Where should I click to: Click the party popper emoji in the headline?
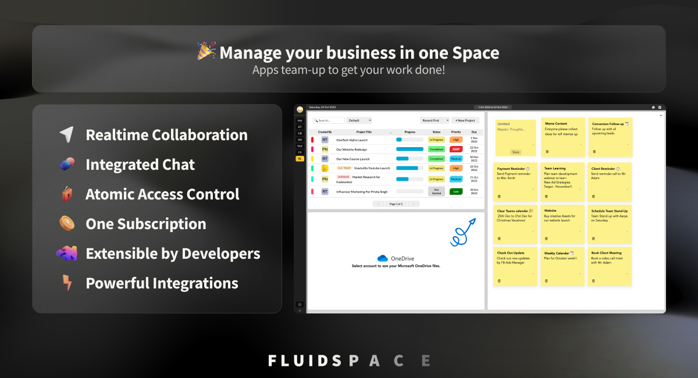pos(206,51)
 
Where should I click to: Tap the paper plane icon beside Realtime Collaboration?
pos(66,135)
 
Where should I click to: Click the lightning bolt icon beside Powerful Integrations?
pos(67,283)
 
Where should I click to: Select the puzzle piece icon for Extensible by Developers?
pos(66,254)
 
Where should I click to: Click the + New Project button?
pos(465,120)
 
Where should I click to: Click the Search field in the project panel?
pos(329,120)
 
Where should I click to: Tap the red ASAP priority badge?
pos(456,149)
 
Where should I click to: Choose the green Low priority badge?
pos(456,191)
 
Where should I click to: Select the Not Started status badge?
pos(436,191)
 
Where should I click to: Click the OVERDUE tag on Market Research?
pos(344,177)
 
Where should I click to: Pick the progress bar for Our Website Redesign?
pos(409,149)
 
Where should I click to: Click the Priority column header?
pos(456,132)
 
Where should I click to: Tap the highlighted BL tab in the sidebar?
pos(300,158)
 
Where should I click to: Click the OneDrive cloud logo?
pos(382,258)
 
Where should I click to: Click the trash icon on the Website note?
pos(546,238)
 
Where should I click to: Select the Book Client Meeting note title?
pos(606,253)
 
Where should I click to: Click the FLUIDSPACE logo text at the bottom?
pos(349,361)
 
